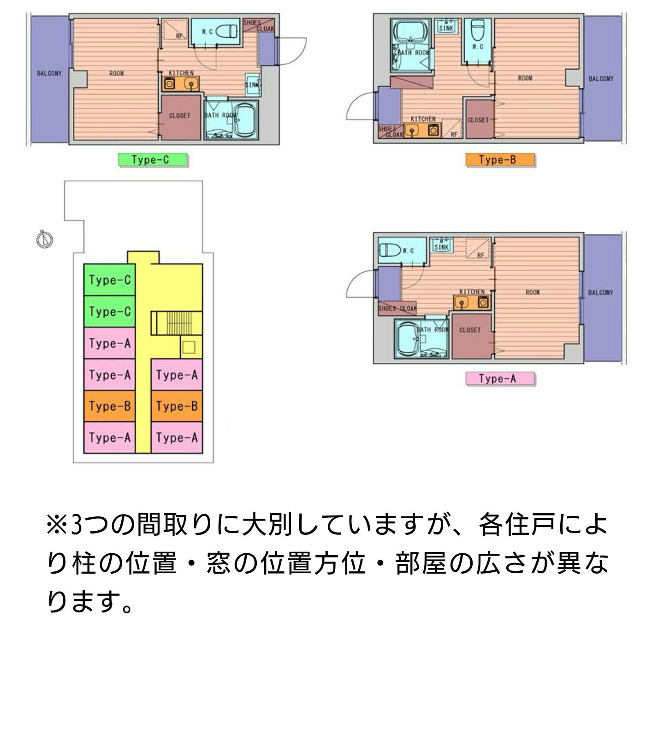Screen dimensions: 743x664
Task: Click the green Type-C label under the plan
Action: tap(153, 160)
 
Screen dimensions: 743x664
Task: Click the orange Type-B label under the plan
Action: tap(500, 160)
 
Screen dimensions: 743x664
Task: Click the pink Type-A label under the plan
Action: tap(500, 378)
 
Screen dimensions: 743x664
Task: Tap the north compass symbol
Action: tap(45, 239)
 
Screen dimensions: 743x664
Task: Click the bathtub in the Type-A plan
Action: tap(407, 340)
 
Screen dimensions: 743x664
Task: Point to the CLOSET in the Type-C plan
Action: tap(180, 116)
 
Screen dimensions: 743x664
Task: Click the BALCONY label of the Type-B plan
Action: tap(601, 79)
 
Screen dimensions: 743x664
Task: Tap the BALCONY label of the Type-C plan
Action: tap(49, 73)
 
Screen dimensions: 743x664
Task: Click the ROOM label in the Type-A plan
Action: tap(533, 292)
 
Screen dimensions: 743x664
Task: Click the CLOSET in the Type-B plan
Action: tap(478, 120)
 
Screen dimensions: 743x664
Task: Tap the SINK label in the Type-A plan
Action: tap(441, 247)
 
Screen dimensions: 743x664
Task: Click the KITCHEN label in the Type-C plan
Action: tap(181, 73)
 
